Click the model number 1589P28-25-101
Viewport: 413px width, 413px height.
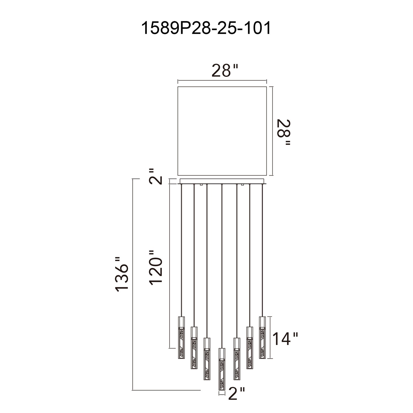click(x=206, y=28)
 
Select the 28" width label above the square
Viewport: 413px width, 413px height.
click(x=224, y=70)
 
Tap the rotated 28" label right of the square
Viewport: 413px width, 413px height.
click(x=283, y=132)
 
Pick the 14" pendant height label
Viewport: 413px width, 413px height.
click(x=286, y=338)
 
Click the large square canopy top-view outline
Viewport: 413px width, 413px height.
click(x=222, y=131)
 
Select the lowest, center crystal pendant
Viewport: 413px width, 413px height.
click(x=222, y=369)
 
